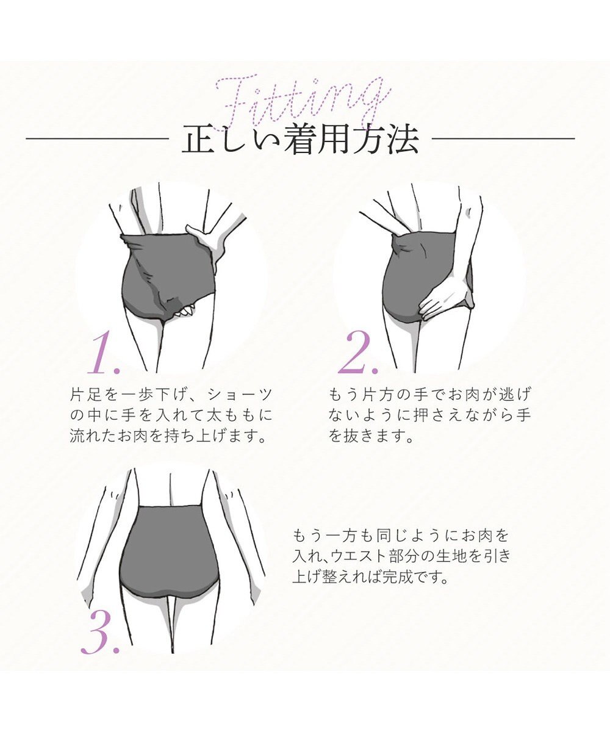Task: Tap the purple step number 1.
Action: [104, 353]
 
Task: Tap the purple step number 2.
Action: [357, 353]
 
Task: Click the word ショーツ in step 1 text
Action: [240, 395]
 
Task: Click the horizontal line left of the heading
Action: [97, 139]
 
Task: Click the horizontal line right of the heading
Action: [503, 139]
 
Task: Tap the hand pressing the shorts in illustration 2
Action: [445, 301]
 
